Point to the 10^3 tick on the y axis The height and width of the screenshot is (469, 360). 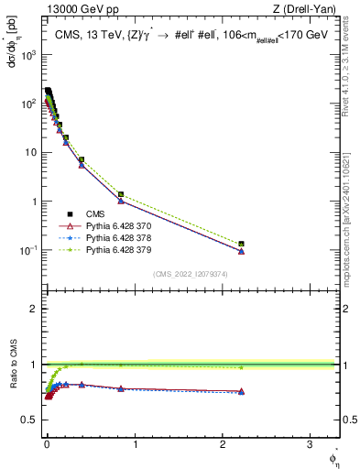pyautogui.click(x=27, y=55)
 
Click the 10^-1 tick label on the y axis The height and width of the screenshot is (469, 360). pyautogui.click(x=27, y=250)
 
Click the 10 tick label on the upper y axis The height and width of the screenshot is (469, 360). pyautogui.click(x=30, y=152)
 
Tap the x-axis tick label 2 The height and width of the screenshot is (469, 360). pyautogui.click(x=224, y=446)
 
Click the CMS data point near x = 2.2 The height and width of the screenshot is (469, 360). pyautogui.click(x=242, y=245)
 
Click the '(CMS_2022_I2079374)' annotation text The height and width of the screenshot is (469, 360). pyautogui.click(x=191, y=274)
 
